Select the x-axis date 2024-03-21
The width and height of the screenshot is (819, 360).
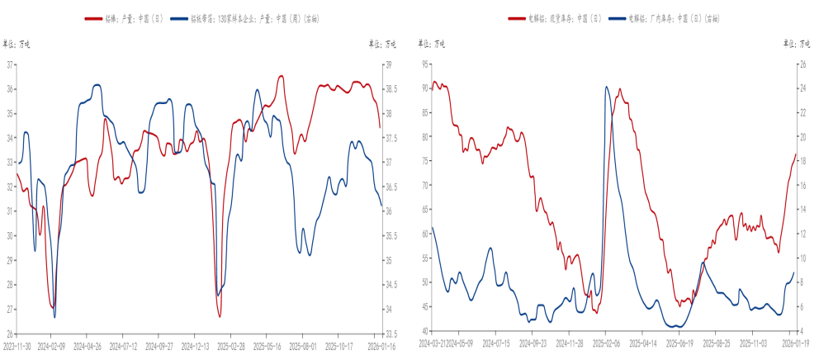coord(433,342)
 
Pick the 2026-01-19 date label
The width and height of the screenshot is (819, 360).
coord(793,342)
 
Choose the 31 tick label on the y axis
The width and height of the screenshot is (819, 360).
coord(11,211)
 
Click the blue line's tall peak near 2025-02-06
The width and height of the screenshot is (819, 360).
coord(607,87)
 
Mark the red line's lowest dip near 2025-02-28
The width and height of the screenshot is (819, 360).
coord(220,316)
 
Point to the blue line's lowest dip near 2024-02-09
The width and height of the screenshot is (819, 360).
coord(54,317)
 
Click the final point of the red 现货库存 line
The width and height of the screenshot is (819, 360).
coord(796,154)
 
